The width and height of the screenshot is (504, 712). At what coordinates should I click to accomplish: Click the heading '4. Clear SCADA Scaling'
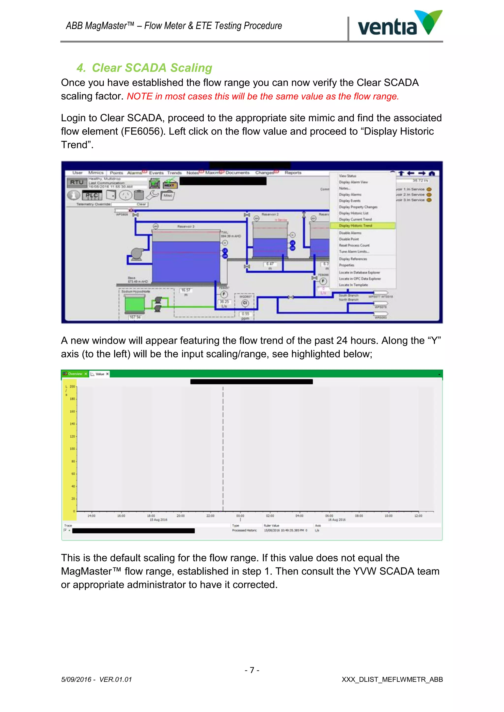pos(144,68)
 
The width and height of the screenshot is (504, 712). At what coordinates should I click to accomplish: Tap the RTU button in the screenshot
pos(76,183)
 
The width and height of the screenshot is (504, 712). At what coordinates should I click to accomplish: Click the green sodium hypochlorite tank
pos(135,304)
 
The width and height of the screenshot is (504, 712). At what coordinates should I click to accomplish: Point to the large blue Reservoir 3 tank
pos(186,261)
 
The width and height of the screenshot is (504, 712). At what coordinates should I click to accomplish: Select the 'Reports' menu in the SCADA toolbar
pos(293,173)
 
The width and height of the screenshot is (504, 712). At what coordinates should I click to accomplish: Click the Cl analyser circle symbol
pos(245,303)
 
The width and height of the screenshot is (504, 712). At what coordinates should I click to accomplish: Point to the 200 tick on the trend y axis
pos(72,386)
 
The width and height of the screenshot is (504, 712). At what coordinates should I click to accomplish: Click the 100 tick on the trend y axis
pos(72,449)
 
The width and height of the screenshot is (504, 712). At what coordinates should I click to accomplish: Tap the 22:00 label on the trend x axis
pos(210,516)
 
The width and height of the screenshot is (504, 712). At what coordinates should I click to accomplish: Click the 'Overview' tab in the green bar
pos(75,374)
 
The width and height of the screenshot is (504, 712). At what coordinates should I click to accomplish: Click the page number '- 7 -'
pos(252,670)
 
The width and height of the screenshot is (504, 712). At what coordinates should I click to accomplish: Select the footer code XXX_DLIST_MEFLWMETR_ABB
pos(392,680)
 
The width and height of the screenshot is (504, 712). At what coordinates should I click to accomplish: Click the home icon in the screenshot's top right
pos(432,173)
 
